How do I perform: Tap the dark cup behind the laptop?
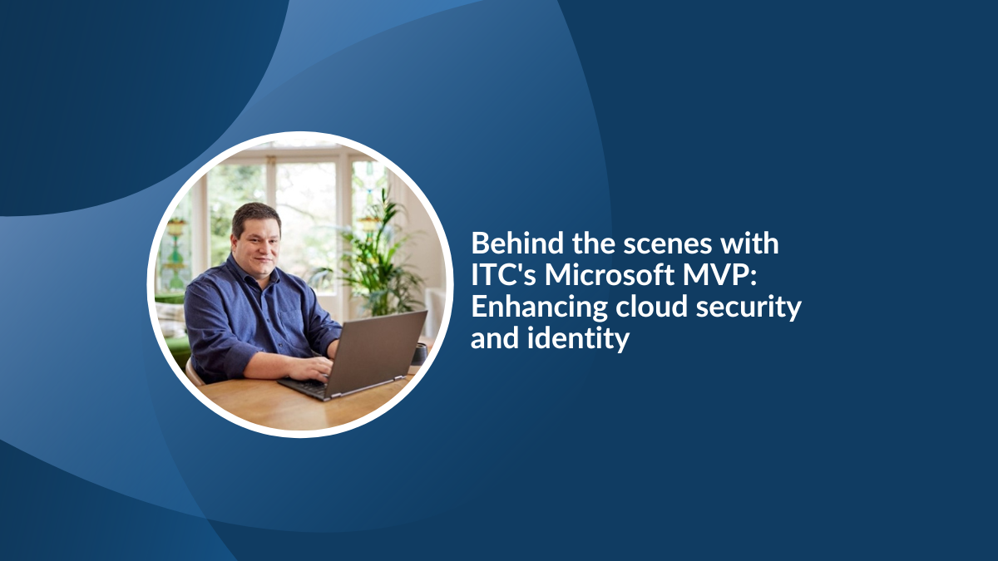(419, 354)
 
